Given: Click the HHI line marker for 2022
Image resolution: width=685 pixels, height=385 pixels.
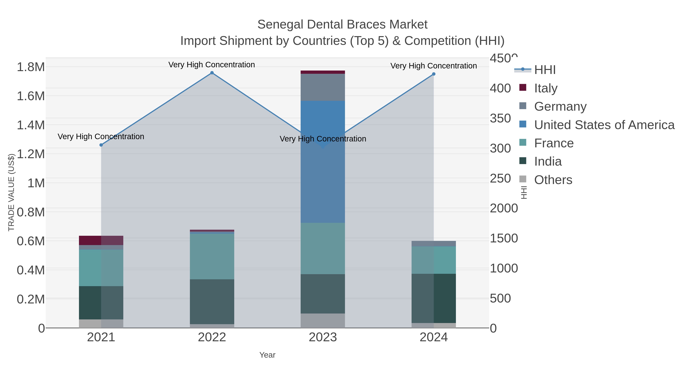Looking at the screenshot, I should click(212, 73).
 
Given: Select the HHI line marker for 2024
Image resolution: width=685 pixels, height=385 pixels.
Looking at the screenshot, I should click(434, 74).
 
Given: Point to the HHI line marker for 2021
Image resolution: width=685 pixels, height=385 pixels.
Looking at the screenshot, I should click(101, 145).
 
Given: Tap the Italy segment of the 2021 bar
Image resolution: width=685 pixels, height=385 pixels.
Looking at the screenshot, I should click(101, 241).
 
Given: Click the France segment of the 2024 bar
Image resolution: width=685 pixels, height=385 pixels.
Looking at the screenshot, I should click(434, 260).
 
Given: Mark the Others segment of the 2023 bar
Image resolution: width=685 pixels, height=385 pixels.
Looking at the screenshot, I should click(323, 321).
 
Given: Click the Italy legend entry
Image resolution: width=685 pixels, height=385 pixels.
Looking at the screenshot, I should click(546, 88).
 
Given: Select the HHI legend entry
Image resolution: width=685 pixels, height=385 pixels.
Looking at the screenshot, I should click(545, 70).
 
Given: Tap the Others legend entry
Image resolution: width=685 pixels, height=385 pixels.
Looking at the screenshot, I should click(553, 180).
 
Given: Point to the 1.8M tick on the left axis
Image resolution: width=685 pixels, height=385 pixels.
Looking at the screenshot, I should click(31, 67).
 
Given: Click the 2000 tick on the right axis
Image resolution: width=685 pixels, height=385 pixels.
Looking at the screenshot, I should click(504, 208).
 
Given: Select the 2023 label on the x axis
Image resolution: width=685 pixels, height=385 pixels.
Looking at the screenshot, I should click(323, 337).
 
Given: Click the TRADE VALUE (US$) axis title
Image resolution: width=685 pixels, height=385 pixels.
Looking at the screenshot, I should click(11, 192).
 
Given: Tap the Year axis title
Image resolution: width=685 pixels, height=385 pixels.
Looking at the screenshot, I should click(267, 355).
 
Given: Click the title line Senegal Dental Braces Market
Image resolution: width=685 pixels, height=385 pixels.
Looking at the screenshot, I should click(342, 25).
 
